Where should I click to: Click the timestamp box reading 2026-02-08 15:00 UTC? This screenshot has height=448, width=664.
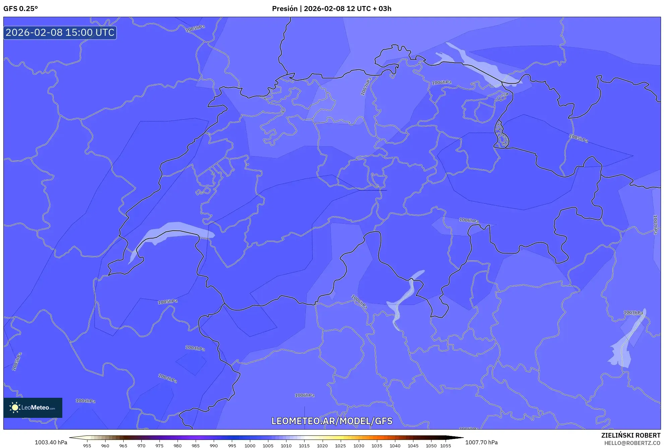pyautogui.click(x=60, y=32)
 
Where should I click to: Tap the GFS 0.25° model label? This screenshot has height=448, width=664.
pyautogui.click(x=20, y=9)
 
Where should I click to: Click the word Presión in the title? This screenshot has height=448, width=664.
pyautogui.click(x=284, y=9)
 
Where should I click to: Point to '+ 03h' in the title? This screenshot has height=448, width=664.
pyautogui.click(x=382, y=9)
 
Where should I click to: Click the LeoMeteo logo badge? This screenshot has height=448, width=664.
pyautogui.click(x=33, y=407)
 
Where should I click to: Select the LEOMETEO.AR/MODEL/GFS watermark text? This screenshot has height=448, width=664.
pyautogui.click(x=332, y=421)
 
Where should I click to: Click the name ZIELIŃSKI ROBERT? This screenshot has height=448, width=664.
pyautogui.click(x=630, y=435)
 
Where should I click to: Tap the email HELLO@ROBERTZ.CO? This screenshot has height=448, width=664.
pyautogui.click(x=632, y=443)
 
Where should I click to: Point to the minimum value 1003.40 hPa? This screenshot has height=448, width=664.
pyautogui.click(x=51, y=442)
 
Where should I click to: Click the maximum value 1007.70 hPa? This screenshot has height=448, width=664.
pyautogui.click(x=481, y=442)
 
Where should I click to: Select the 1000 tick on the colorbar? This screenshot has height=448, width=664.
pyautogui.click(x=250, y=446)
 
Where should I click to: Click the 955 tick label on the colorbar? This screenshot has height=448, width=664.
pyautogui.click(x=87, y=446)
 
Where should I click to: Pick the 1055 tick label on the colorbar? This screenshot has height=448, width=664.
pyautogui.click(x=445, y=446)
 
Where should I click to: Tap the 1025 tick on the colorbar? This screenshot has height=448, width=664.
pyautogui.click(x=340, y=446)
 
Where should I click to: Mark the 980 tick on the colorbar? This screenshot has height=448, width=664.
pyautogui.click(x=178, y=446)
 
